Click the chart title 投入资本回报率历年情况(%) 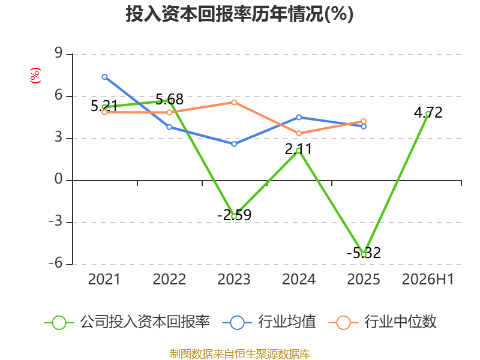(239, 14)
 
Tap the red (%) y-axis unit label (35, 76)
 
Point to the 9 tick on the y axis (58, 53)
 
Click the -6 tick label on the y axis (56, 263)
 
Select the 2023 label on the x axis (234, 279)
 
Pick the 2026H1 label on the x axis (428, 279)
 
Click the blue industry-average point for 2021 (104, 77)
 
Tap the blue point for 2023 (234, 144)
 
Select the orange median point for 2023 (234, 102)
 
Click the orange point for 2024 (299, 133)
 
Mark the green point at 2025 (364, 254)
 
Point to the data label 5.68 (170, 100)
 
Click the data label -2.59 (235, 215)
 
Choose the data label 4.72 (428, 113)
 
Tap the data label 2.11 (298, 149)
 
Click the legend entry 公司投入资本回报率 (127, 322)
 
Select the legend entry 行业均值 (269, 322)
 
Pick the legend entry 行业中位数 (383, 322)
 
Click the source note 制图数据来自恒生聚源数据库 (239, 353)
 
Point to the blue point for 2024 (299, 117)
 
